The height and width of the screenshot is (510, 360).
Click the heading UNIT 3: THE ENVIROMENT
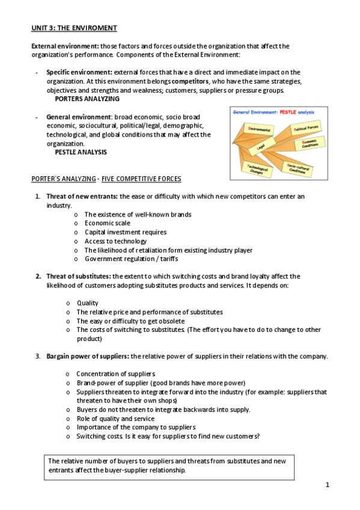(x=74, y=28)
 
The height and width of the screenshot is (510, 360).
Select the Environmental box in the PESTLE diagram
(x=258, y=129)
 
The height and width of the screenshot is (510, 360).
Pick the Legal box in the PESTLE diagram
(x=261, y=146)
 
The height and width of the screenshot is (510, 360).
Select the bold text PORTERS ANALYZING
(x=87, y=99)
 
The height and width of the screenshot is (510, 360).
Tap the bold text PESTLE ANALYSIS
(x=81, y=152)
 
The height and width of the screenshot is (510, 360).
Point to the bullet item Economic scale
(x=107, y=223)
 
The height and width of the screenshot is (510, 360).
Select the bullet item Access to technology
(x=115, y=241)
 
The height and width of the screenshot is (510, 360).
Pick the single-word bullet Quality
(x=87, y=303)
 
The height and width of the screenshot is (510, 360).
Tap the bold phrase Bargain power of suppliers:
(x=88, y=356)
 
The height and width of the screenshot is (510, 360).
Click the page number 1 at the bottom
(x=328, y=484)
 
